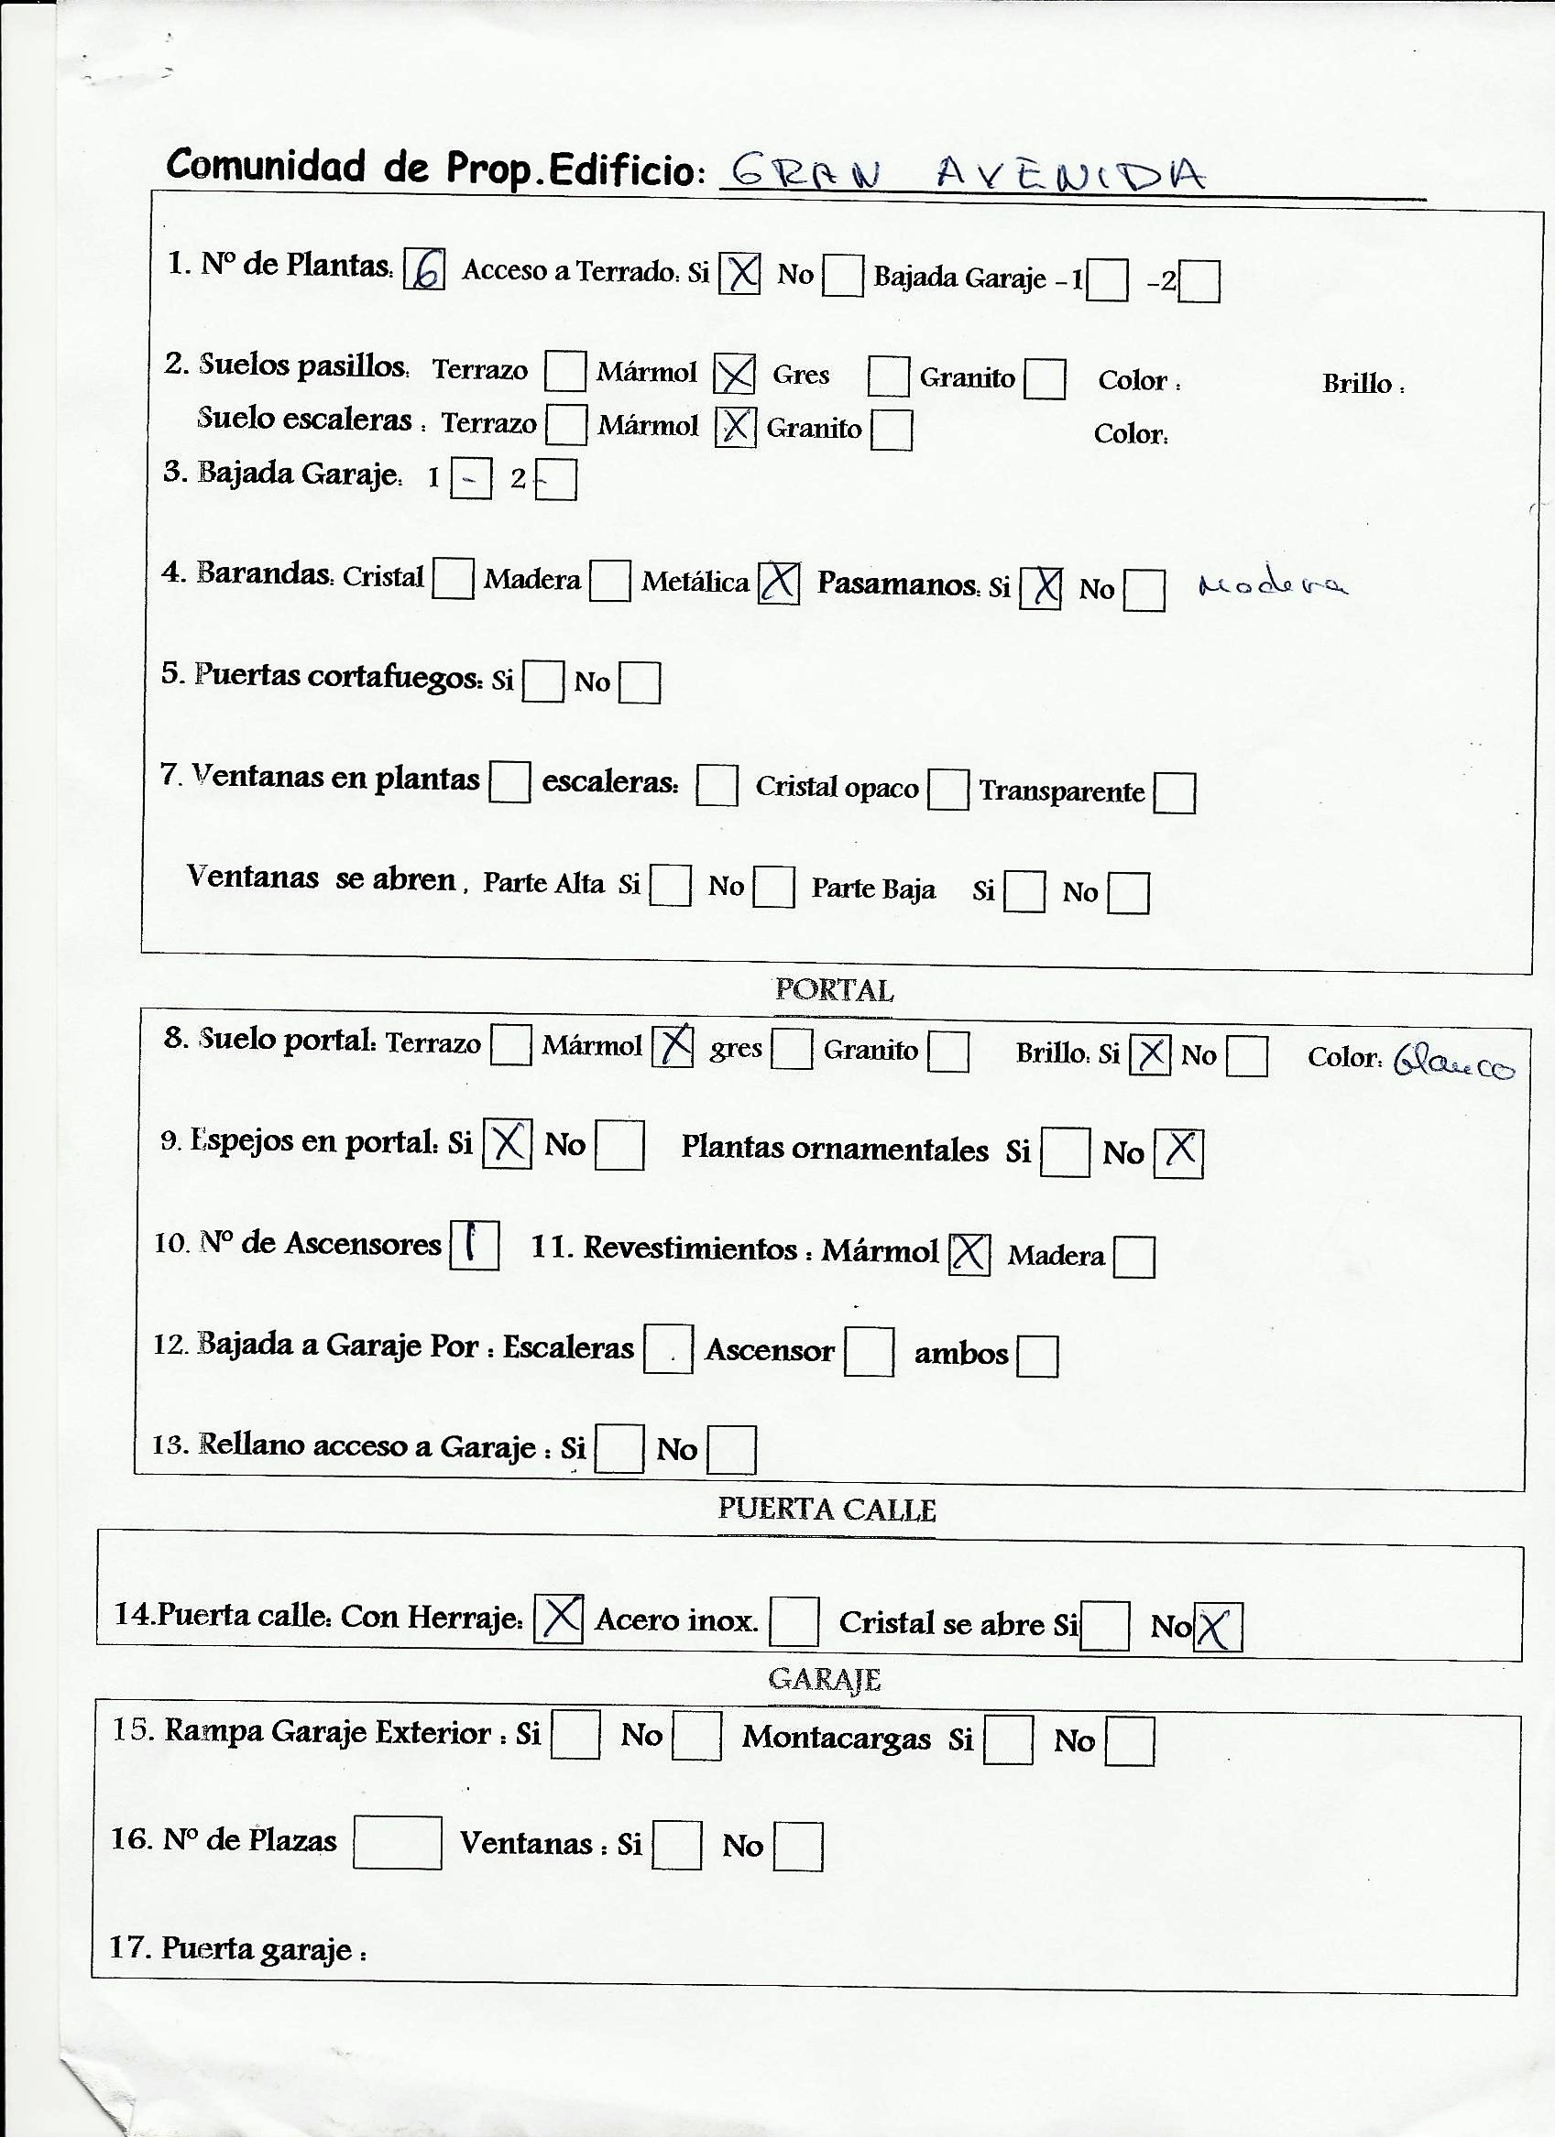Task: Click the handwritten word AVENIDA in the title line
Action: pyautogui.click(x=1070, y=172)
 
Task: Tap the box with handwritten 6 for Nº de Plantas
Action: pyautogui.click(x=424, y=270)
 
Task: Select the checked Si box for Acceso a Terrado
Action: pyautogui.click(x=739, y=274)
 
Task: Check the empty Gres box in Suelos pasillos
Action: pyautogui.click(x=888, y=376)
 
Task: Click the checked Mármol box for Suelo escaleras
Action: pyautogui.click(x=735, y=427)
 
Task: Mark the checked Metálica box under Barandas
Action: pyautogui.click(x=780, y=583)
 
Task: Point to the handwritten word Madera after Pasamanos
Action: pyautogui.click(x=1272, y=586)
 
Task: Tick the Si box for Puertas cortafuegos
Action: pyautogui.click(x=542, y=682)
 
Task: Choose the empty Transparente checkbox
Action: pyautogui.click(x=1174, y=792)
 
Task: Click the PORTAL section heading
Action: pyautogui.click(x=834, y=990)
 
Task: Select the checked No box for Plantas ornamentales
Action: pyautogui.click(x=1179, y=1152)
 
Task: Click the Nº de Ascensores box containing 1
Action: pyautogui.click(x=474, y=1245)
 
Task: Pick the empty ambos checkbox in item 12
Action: pyautogui.click(x=1037, y=1356)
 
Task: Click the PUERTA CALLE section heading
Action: pyautogui.click(x=827, y=1509)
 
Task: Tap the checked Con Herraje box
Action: pyautogui.click(x=559, y=1618)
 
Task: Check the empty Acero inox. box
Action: pyautogui.click(x=794, y=1620)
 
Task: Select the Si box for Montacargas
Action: pyautogui.click(x=1008, y=1739)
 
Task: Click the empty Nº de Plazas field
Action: pyautogui.click(x=398, y=1842)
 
